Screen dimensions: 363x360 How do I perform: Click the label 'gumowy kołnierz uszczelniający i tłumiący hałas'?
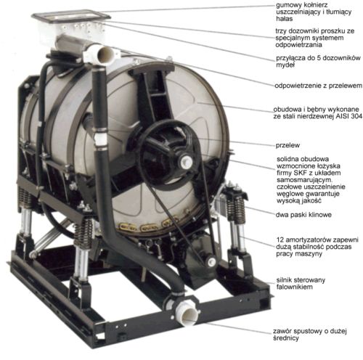coord(314,12)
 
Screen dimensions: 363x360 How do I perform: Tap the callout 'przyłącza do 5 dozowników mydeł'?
coord(318,62)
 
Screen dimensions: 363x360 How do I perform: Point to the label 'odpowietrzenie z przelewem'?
coord(318,86)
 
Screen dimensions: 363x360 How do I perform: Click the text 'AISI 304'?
coord(349,116)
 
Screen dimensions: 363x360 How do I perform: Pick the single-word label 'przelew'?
coord(287,145)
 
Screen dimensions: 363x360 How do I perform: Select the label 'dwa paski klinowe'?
coord(303,215)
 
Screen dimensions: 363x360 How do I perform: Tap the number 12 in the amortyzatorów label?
coord(280,240)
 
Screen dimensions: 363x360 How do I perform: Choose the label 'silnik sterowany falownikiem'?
coord(301,284)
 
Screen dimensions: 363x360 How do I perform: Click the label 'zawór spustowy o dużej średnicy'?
coord(310,335)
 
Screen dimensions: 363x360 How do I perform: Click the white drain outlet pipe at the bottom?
coord(187,312)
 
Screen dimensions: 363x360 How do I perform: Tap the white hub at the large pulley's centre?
coord(186,161)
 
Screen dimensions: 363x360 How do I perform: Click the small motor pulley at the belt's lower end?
coord(211,261)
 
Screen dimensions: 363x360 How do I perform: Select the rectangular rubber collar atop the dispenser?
coord(70,16)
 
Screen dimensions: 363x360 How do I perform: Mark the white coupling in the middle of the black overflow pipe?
coord(100,140)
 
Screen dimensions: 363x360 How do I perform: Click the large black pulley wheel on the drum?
coord(170,153)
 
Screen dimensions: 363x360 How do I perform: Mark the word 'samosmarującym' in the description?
coord(304,180)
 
